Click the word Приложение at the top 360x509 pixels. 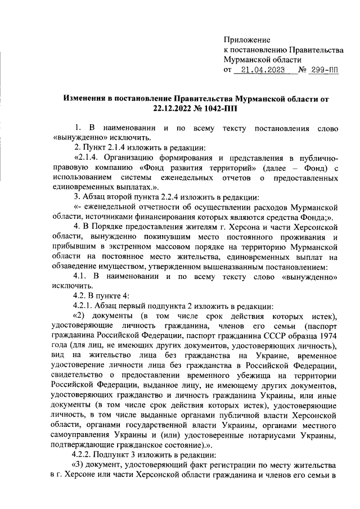pos(247,39)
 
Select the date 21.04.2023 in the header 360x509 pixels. pos(262,70)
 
